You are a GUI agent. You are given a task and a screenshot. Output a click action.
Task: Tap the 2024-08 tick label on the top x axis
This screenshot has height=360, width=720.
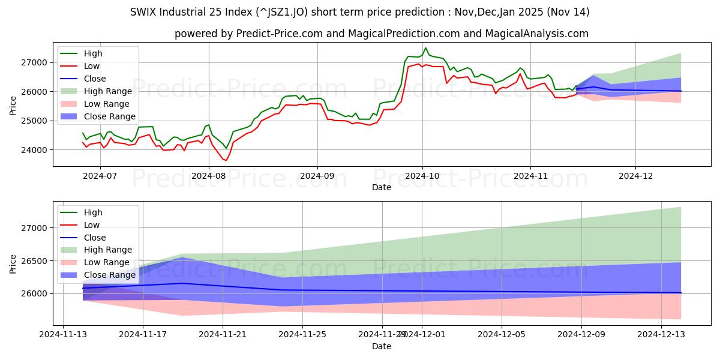[x=209, y=176]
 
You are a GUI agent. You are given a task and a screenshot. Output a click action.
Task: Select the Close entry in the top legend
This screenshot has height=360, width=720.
[x=95, y=79]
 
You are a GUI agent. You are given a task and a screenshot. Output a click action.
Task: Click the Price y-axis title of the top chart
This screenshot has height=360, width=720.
[x=13, y=105]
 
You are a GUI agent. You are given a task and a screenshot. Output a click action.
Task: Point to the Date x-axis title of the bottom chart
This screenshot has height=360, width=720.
[x=382, y=346]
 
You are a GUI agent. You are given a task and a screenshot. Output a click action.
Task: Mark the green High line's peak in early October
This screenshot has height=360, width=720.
[x=425, y=48]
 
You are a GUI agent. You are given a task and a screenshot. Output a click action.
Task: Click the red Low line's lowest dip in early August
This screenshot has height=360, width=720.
[x=226, y=161]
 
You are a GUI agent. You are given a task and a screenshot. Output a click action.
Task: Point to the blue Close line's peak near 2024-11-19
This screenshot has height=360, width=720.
[x=182, y=283]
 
